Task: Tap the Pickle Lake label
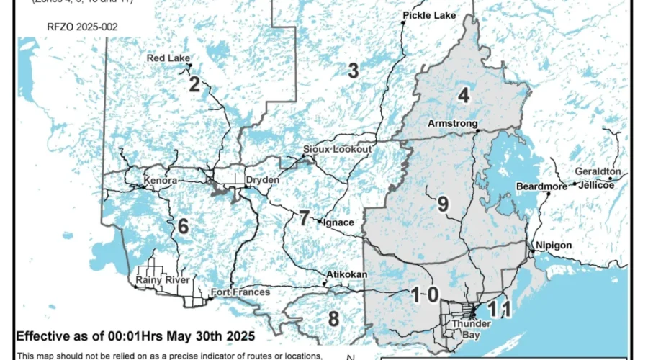(430, 15)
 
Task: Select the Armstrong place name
(453, 124)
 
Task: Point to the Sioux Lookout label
(337, 149)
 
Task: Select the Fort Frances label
(240, 292)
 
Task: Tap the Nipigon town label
(554, 246)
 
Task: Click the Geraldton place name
(598, 171)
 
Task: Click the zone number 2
(194, 85)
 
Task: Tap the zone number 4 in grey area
(464, 94)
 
